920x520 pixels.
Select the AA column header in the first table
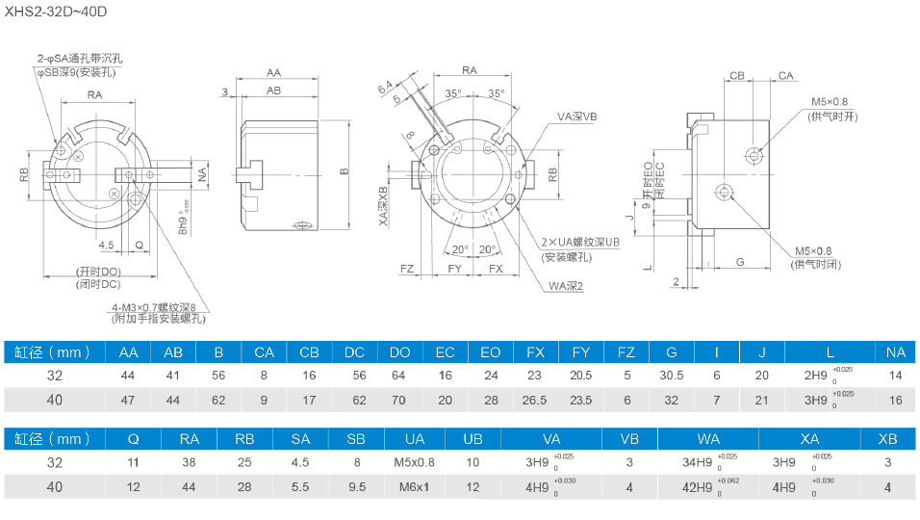pos(128,352)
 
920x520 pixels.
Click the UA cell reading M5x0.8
pos(414,462)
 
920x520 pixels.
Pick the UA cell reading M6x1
pos(414,487)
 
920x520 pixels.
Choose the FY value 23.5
pos(581,399)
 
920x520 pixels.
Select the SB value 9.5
pos(356,487)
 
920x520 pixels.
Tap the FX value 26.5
pos(536,399)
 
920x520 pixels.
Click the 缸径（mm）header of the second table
pos(53,439)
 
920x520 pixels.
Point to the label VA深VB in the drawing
pos(576,116)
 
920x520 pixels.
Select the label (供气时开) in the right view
pos(832,117)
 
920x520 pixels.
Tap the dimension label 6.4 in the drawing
pos(386,90)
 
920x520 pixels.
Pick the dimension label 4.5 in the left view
pos(106,245)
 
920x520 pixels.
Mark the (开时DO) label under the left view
pos(98,272)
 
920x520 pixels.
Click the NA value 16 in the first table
pos(895,399)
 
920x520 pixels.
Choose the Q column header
pos(133,439)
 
